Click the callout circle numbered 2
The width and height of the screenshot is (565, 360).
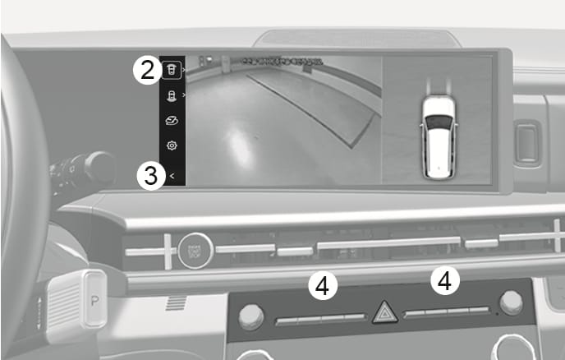(x=147, y=70)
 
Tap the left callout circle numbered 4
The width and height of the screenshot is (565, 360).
(x=323, y=286)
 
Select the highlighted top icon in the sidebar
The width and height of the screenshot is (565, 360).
(x=172, y=69)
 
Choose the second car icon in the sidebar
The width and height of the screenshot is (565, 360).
(x=172, y=95)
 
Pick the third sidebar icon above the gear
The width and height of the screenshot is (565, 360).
(x=172, y=121)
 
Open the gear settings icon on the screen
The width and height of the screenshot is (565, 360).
(x=172, y=146)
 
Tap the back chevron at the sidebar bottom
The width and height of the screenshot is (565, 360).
(x=172, y=174)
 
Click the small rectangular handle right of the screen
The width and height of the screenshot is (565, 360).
(x=527, y=143)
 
